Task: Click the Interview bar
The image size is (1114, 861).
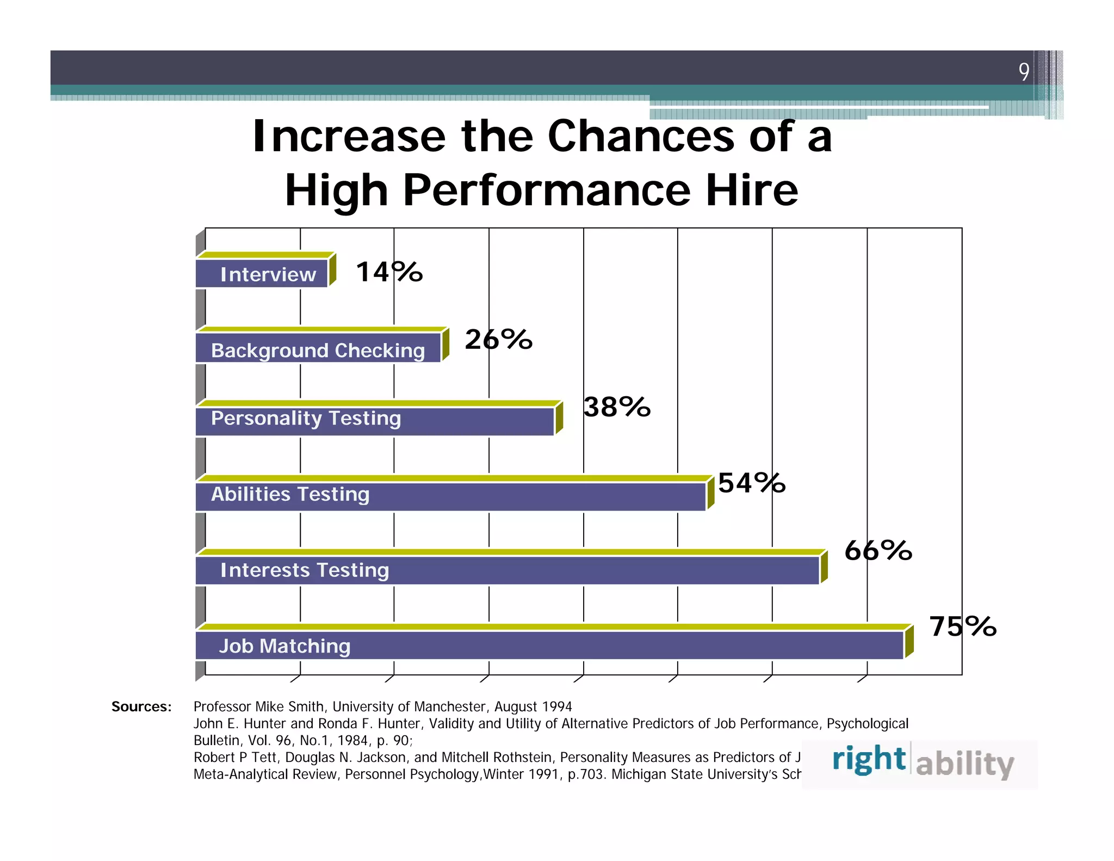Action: tap(262, 273)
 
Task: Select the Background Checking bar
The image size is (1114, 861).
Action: tap(318, 348)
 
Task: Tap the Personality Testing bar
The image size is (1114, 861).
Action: tap(375, 421)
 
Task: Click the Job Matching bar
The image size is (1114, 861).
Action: tap(549, 645)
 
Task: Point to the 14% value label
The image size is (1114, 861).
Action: tap(389, 272)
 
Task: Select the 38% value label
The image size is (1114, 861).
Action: tap(617, 407)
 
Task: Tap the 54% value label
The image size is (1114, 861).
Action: tap(752, 483)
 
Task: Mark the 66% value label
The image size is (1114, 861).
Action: tap(878, 550)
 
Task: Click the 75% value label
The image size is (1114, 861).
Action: tap(962, 626)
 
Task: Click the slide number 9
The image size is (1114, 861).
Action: tap(1024, 71)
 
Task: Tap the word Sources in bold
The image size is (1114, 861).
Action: tap(141, 706)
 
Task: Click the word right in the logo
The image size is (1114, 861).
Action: tap(869, 759)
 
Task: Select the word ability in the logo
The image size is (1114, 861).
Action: tap(965, 763)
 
